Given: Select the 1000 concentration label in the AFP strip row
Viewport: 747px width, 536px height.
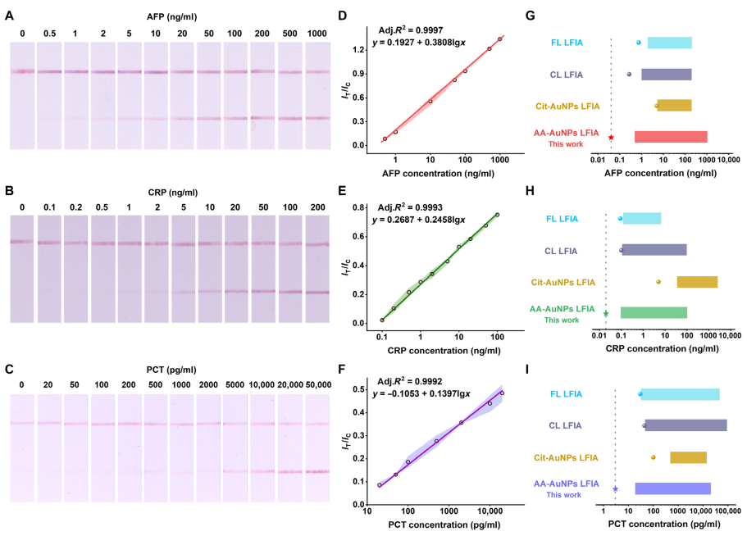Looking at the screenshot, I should (317, 33).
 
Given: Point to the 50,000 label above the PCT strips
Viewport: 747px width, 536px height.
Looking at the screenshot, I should (317, 384).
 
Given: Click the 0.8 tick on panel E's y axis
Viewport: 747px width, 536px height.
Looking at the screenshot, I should (361, 207).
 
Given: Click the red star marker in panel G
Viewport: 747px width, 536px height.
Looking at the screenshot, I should (611, 138).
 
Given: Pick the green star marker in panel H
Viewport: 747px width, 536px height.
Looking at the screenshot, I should (606, 313).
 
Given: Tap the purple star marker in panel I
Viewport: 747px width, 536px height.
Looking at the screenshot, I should (615, 489).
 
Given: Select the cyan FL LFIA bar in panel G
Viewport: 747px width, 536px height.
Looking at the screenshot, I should (669, 43).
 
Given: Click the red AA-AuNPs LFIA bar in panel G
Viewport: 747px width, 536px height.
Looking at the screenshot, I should (671, 137).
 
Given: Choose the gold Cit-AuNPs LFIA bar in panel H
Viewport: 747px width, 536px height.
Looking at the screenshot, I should (697, 282).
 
